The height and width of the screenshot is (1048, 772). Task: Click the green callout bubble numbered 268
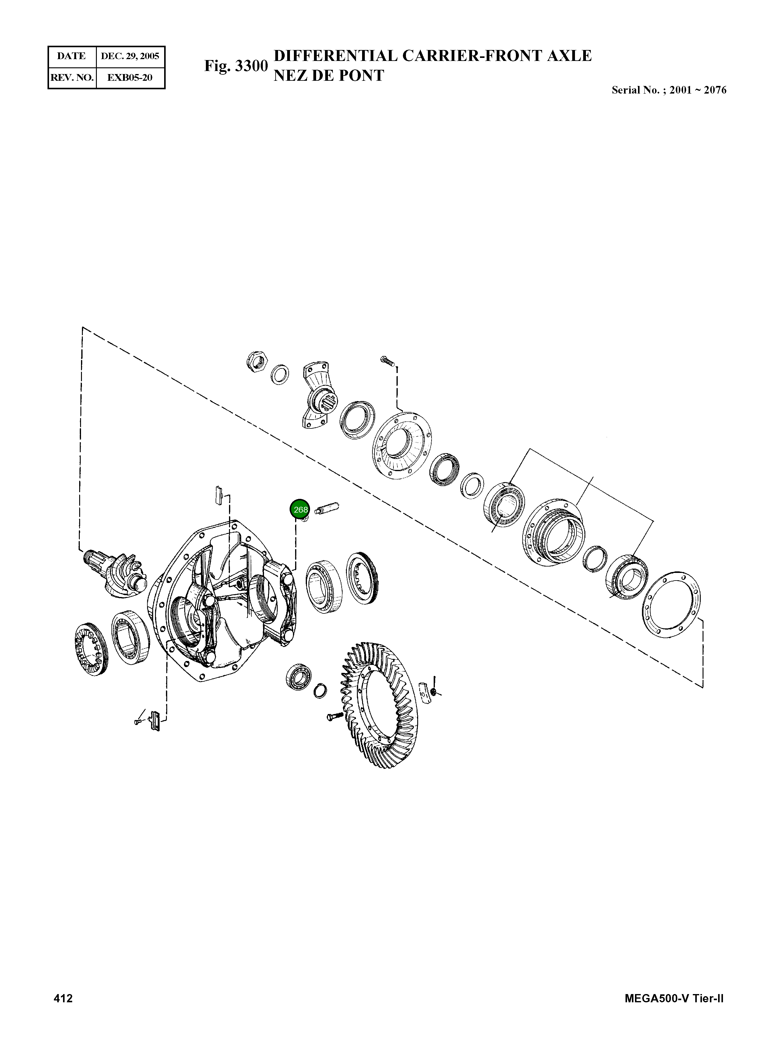point(300,509)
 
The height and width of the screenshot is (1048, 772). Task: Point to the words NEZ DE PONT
point(329,75)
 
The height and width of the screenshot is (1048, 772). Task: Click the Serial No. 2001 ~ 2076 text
point(669,90)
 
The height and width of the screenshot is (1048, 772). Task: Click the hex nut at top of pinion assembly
point(256,361)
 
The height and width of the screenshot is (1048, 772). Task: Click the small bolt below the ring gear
point(333,716)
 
